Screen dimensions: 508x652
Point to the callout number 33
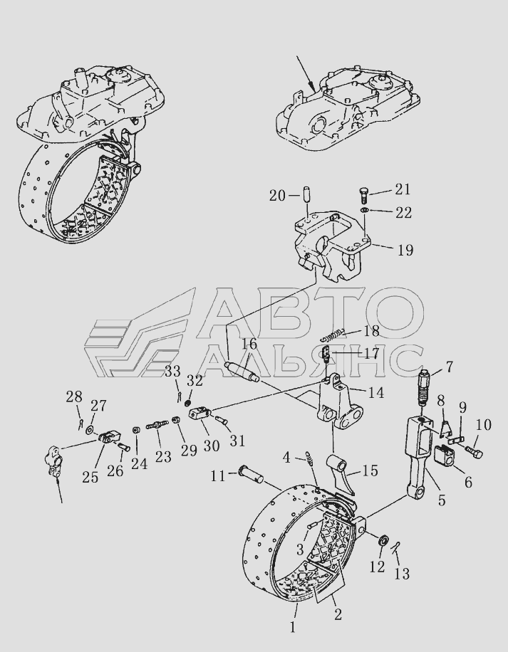pos(172,371)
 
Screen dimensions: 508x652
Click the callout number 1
pos(293,628)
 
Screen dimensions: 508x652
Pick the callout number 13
pos(402,574)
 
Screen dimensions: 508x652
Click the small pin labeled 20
pos(308,195)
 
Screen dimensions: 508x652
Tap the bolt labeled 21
pos(363,194)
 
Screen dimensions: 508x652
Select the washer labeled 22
pos(364,210)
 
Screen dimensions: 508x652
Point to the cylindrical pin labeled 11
pos(251,475)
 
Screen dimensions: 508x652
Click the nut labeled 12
pos(383,541)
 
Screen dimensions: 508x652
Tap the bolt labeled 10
pos(474,452)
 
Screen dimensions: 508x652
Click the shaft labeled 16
pos(242,372)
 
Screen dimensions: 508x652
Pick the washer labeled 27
pos(90,429)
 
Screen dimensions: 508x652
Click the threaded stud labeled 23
pos(157,425)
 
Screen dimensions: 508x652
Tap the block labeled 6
pos(445,454)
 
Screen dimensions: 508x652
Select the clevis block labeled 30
pos(201,414)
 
